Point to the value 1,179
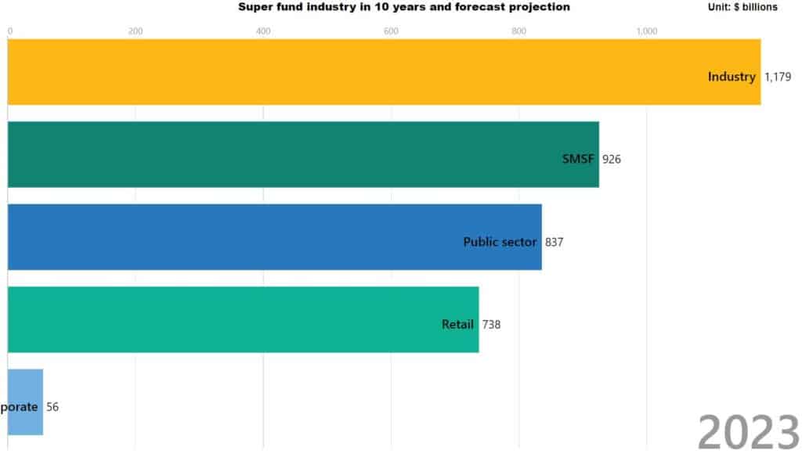[x=779, y=77]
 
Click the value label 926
[x=612, y=160]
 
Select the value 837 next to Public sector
[x=555, y=242]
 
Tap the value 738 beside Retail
[x=491, y=325]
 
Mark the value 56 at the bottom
[x=52, y=407]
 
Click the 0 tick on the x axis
[x=10, y=31]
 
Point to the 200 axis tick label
[x=135, y=31]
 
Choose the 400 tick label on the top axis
[x=263, y=31]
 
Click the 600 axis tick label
[x=391, y=31]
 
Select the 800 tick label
[x=518, y=31]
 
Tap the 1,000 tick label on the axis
[x=647, y=31]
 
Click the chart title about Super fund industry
[x=404, y=7]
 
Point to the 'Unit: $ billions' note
[x=742, y=7]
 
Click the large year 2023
[x=748, y=431]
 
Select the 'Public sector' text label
[x=500, y=242]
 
